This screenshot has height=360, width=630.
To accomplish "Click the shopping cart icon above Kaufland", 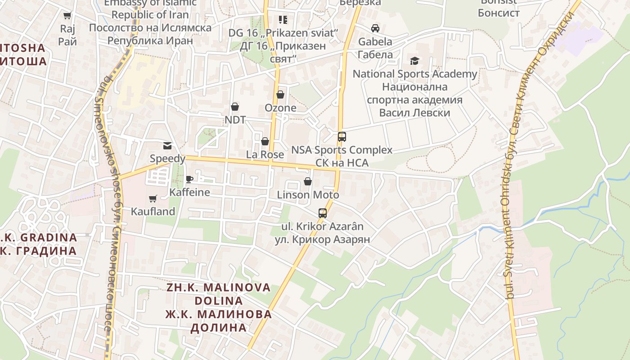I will pyautogui.click(x=153, y=198).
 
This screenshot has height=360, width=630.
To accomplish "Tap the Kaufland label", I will pyautogui.click(x=153, y=211).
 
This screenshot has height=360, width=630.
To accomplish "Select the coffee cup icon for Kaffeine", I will pyautogui.click(x=189, y=180).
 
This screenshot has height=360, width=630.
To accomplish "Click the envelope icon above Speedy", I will pyautogui.click(x=167, y=145).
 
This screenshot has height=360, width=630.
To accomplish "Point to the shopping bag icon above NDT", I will pyautogui.click(x=234, y=107).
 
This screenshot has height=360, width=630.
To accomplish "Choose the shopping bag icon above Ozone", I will pyautogui.click(x=280, y=94).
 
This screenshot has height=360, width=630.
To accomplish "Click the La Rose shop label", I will pyautogui.click(x=265, y=154).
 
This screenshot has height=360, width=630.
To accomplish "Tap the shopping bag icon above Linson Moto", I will pyautogui.click(x=308, y=181).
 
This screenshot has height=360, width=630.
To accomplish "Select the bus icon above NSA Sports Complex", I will pyautogui.click(x=342, y=136).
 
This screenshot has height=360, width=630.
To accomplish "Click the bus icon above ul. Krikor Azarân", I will pyautogui.click(x=323, y=213).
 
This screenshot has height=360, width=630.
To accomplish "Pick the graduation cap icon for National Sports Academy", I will pyautogui.click(x=414, y=61).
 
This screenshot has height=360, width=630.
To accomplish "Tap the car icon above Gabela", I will pyautogui.click(x=375, y=28).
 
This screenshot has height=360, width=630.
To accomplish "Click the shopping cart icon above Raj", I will pyautogui.click(x=67, y=16).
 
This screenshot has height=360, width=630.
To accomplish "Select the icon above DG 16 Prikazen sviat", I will pyautogui.click(x=283, y=20).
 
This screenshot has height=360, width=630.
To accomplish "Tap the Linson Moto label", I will pyautogui.click(x=308, y=195).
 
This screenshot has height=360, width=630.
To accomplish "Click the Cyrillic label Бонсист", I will pyautogui.click(x=499, y=13).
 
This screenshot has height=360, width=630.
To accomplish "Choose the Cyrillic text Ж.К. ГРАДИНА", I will pyautogui.click(x=39, y=251).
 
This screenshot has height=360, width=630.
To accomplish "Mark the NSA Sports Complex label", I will pyautogui.click(x=342, y=150).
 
